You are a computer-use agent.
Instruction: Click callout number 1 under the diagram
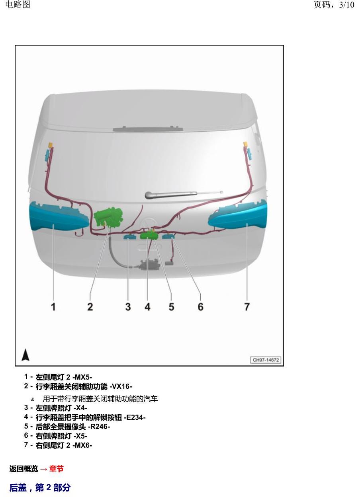pos(53,307)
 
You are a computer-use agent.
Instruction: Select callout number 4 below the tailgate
pos(147,307)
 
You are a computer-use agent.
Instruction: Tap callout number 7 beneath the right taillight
pos(247,307)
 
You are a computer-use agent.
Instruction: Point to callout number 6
pos(200,307)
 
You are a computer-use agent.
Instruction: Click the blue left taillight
pos(59,216)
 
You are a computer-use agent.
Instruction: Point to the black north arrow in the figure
pos(25,355)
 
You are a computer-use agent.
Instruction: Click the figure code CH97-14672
pos(266,360)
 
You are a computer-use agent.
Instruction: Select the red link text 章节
pos(57,469)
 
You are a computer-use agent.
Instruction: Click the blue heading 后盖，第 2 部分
pos(40,488)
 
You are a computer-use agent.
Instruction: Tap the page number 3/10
pos(346,5)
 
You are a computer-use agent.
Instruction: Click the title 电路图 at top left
pos(18,4)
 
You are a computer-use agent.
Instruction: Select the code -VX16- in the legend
pos(121,386)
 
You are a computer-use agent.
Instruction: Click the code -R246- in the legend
pos(99,427)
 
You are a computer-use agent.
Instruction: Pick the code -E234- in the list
pos(135,417)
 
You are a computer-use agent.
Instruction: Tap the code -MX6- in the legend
pos(82,445)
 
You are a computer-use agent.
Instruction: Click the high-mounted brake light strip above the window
pos(148,129)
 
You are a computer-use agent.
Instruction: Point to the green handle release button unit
pos(149,235)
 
